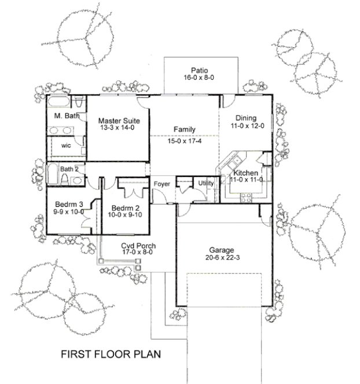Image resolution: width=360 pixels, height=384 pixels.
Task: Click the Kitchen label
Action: (x=247, y=172)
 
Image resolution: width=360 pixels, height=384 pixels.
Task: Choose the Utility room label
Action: (x=206, y=183)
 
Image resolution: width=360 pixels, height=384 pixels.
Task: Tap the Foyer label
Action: (x=161, y=184)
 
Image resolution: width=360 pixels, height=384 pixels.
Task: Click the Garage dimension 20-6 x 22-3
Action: (x=221, y=260)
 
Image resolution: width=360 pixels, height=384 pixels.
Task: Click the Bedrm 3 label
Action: (x=69, y=204)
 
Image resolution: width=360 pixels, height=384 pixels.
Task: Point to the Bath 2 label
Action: (x=69, y=169)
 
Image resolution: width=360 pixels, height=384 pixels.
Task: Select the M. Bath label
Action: (x=66, y=117)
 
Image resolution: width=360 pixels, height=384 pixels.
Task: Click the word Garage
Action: (x=221, y=251)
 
